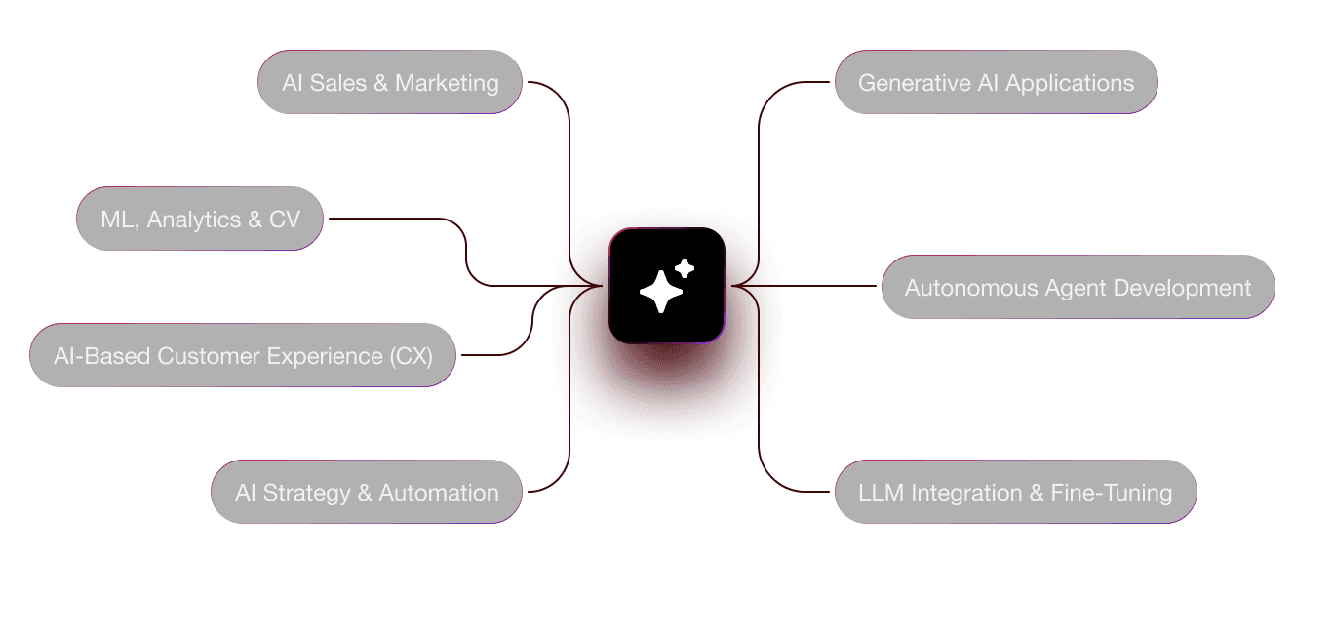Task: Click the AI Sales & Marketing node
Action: point(390,83)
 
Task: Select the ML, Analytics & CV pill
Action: point(200,219)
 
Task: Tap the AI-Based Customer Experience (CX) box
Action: point(243,356)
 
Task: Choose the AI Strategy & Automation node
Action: point(367,493)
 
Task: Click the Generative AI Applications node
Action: point(996,83)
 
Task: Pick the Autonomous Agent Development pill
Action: point(1078,288)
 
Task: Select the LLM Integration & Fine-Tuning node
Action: point(1015,493)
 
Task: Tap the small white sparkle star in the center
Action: point(685,268)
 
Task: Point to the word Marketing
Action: point(447,83)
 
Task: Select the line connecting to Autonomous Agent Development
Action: point(829,286)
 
